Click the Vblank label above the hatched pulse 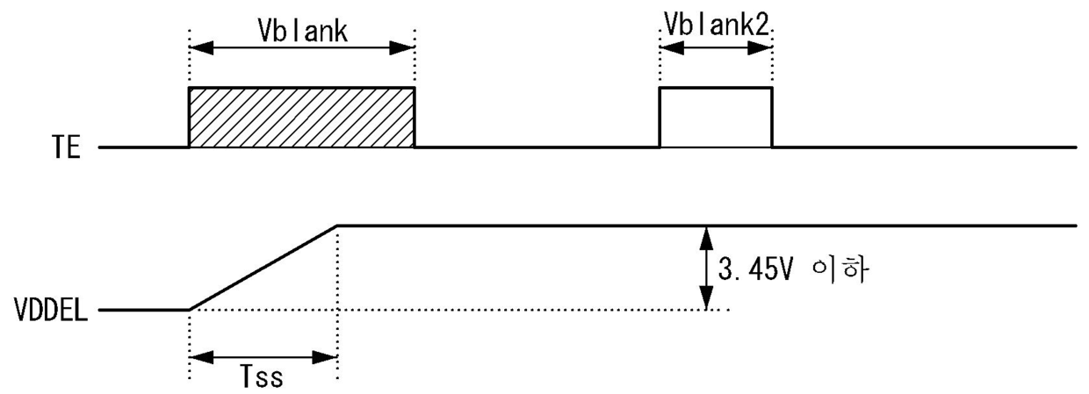(x=302, y=29)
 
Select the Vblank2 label (x=716, y=27)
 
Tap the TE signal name (x=66, y=148)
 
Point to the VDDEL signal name (x=50, y=311)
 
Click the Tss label (x=263, y=379)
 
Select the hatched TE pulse (x=301, y=118)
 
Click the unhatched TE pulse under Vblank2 (x=716, y=118)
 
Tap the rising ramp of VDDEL (x=263, y=268)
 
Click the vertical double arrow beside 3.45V (x=704, y=268)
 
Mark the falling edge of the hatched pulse (x=414, y=118)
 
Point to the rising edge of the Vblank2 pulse (x=660, y=118)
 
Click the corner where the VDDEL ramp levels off (x=338, y=226)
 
